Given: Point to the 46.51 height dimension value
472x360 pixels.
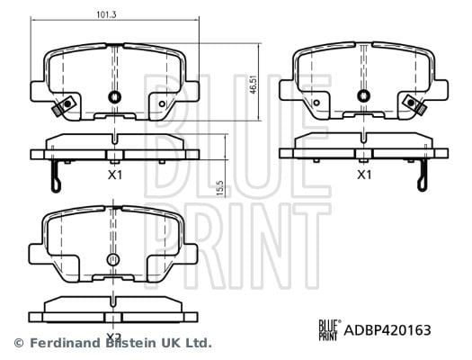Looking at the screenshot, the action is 254,84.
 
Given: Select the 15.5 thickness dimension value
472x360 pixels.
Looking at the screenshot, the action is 220,189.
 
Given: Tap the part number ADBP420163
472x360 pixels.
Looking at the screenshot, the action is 387,330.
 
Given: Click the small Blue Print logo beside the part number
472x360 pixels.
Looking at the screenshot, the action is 329,330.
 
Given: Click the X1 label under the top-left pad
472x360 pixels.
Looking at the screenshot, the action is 115,175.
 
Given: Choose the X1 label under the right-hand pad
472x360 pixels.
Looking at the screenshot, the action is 364,175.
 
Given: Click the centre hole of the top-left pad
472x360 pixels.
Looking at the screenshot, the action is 114,96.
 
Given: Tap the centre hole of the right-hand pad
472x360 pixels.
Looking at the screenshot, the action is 364,95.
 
